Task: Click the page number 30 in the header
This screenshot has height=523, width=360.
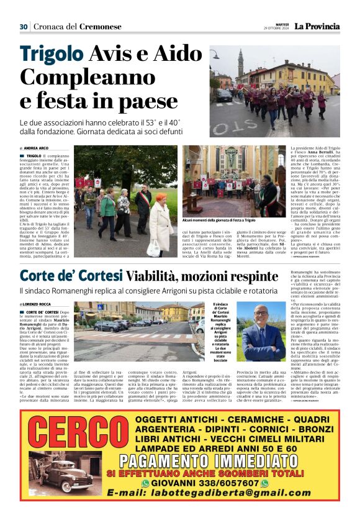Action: [24, 27]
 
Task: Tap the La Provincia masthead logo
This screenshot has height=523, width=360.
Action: [317, 26]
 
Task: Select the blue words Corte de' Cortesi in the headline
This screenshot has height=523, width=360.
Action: [71, 275]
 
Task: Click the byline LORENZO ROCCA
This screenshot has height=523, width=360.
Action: [38, 304]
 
